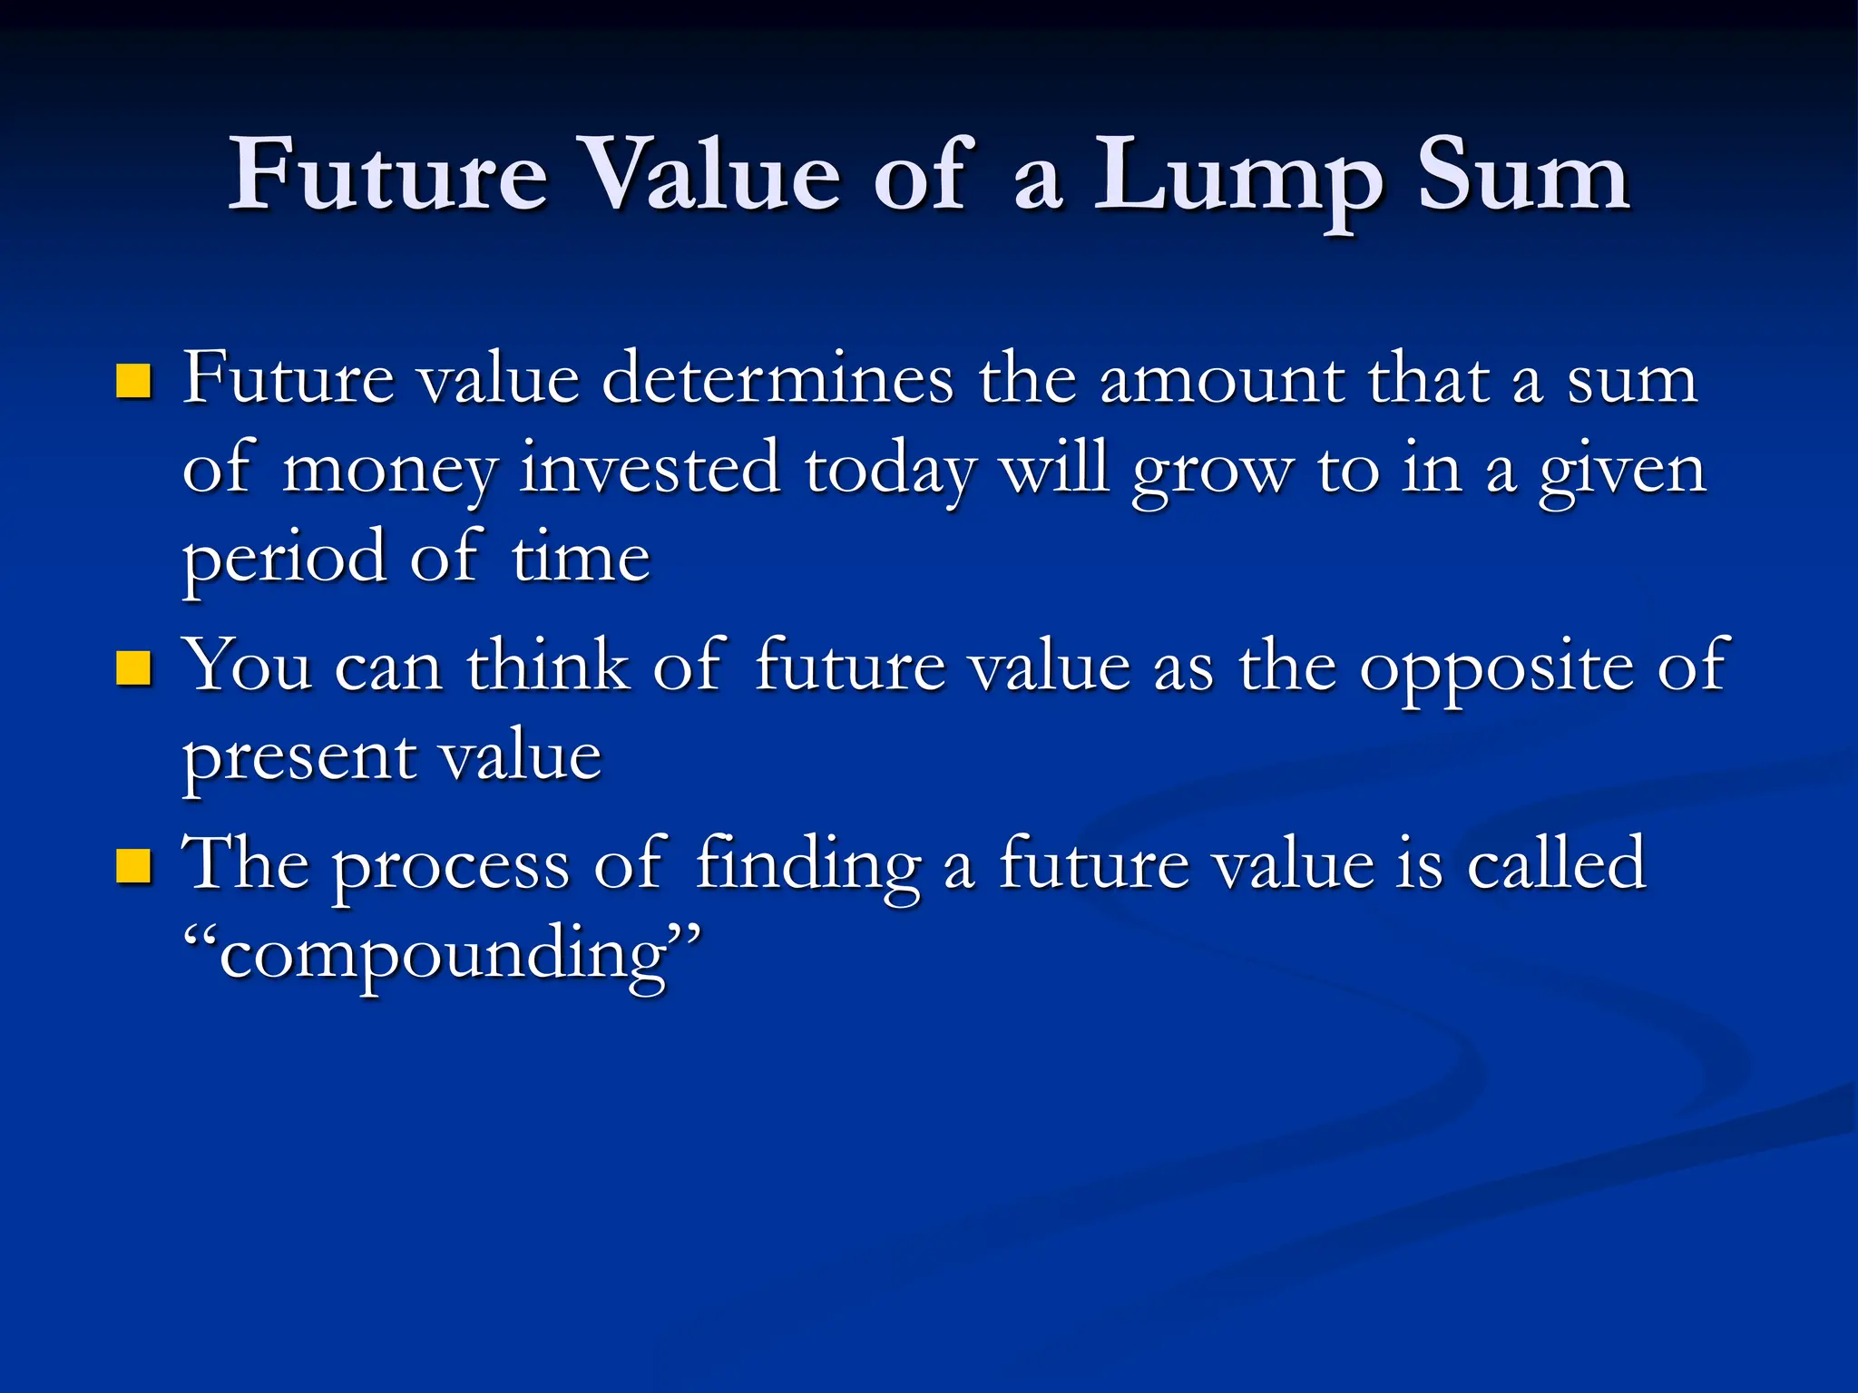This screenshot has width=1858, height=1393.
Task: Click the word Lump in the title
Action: pyautogui.click(x=1238, y=177)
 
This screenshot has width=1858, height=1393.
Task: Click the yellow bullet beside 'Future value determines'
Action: pyautogui.click(x=133, y=381)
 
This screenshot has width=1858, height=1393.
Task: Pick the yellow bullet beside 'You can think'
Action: pyautogui.click(x=133, y=668)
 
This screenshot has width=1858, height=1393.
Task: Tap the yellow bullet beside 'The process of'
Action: pyautogui.click(x=133, y=865)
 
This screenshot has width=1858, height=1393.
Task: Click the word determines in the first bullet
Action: pyautogui.click(x=777, y=379)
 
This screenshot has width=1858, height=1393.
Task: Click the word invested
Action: pyautogui.click(x=650, y=468)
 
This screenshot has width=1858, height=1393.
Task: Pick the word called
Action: pyautogui.click(x=1555, y=863)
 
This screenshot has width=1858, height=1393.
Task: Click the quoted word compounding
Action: pyautogui.click(x=442, y=956)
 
